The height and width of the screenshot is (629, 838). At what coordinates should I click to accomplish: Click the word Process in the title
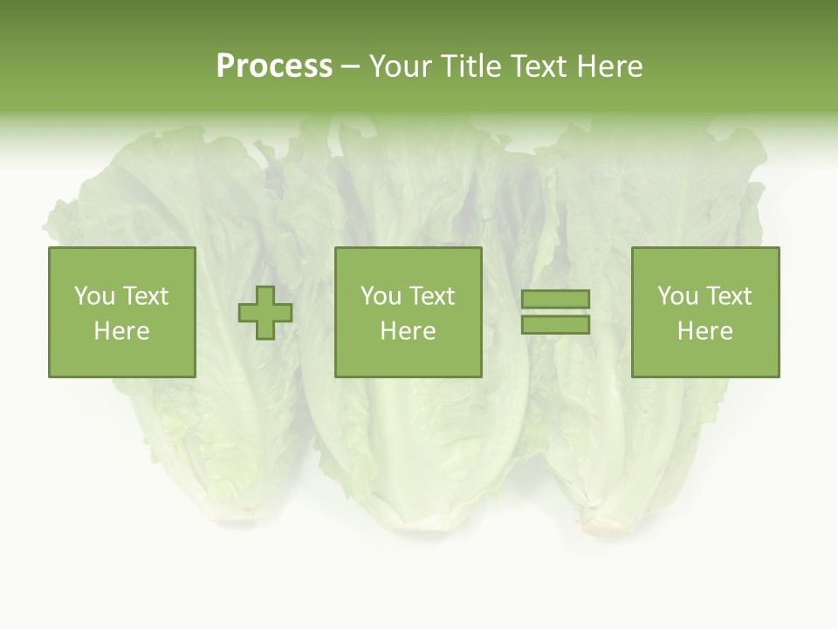click(274, 66)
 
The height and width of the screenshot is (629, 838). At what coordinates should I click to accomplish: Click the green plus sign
click(265, 312)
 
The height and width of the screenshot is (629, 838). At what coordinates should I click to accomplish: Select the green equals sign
click(555, 312)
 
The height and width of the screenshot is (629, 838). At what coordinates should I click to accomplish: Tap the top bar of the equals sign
click(555, 300)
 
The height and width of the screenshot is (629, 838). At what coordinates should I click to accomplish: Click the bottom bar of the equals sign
click(555, 324)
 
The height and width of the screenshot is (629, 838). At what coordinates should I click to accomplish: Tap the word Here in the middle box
click(408, 331)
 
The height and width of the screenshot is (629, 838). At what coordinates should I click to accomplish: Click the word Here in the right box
click(705, 331)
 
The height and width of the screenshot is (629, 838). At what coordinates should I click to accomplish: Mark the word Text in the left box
click(146, 296)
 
